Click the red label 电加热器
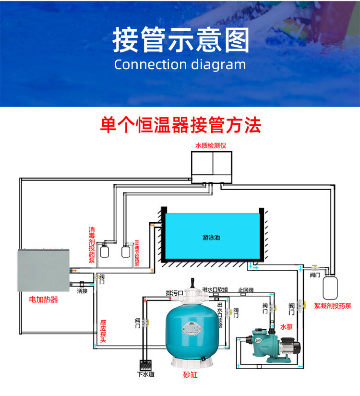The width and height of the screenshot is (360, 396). click(43, 300)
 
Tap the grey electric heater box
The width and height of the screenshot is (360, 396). click(44, 270)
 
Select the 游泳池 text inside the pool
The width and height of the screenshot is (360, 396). click(211, 237)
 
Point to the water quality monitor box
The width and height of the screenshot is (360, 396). click(211, 166)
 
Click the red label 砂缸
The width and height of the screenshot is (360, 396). click(190, 375)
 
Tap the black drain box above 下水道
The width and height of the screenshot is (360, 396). click(145, 364)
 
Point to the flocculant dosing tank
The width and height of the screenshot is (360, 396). click(330, 286)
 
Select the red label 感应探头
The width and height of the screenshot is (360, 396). click(103, 331)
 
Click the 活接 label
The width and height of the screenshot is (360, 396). click(82, 291)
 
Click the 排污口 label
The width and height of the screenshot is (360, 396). click(174, 293)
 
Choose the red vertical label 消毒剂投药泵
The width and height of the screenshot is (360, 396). click(92, 245)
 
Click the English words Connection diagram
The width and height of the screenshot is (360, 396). click(180, 65)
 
